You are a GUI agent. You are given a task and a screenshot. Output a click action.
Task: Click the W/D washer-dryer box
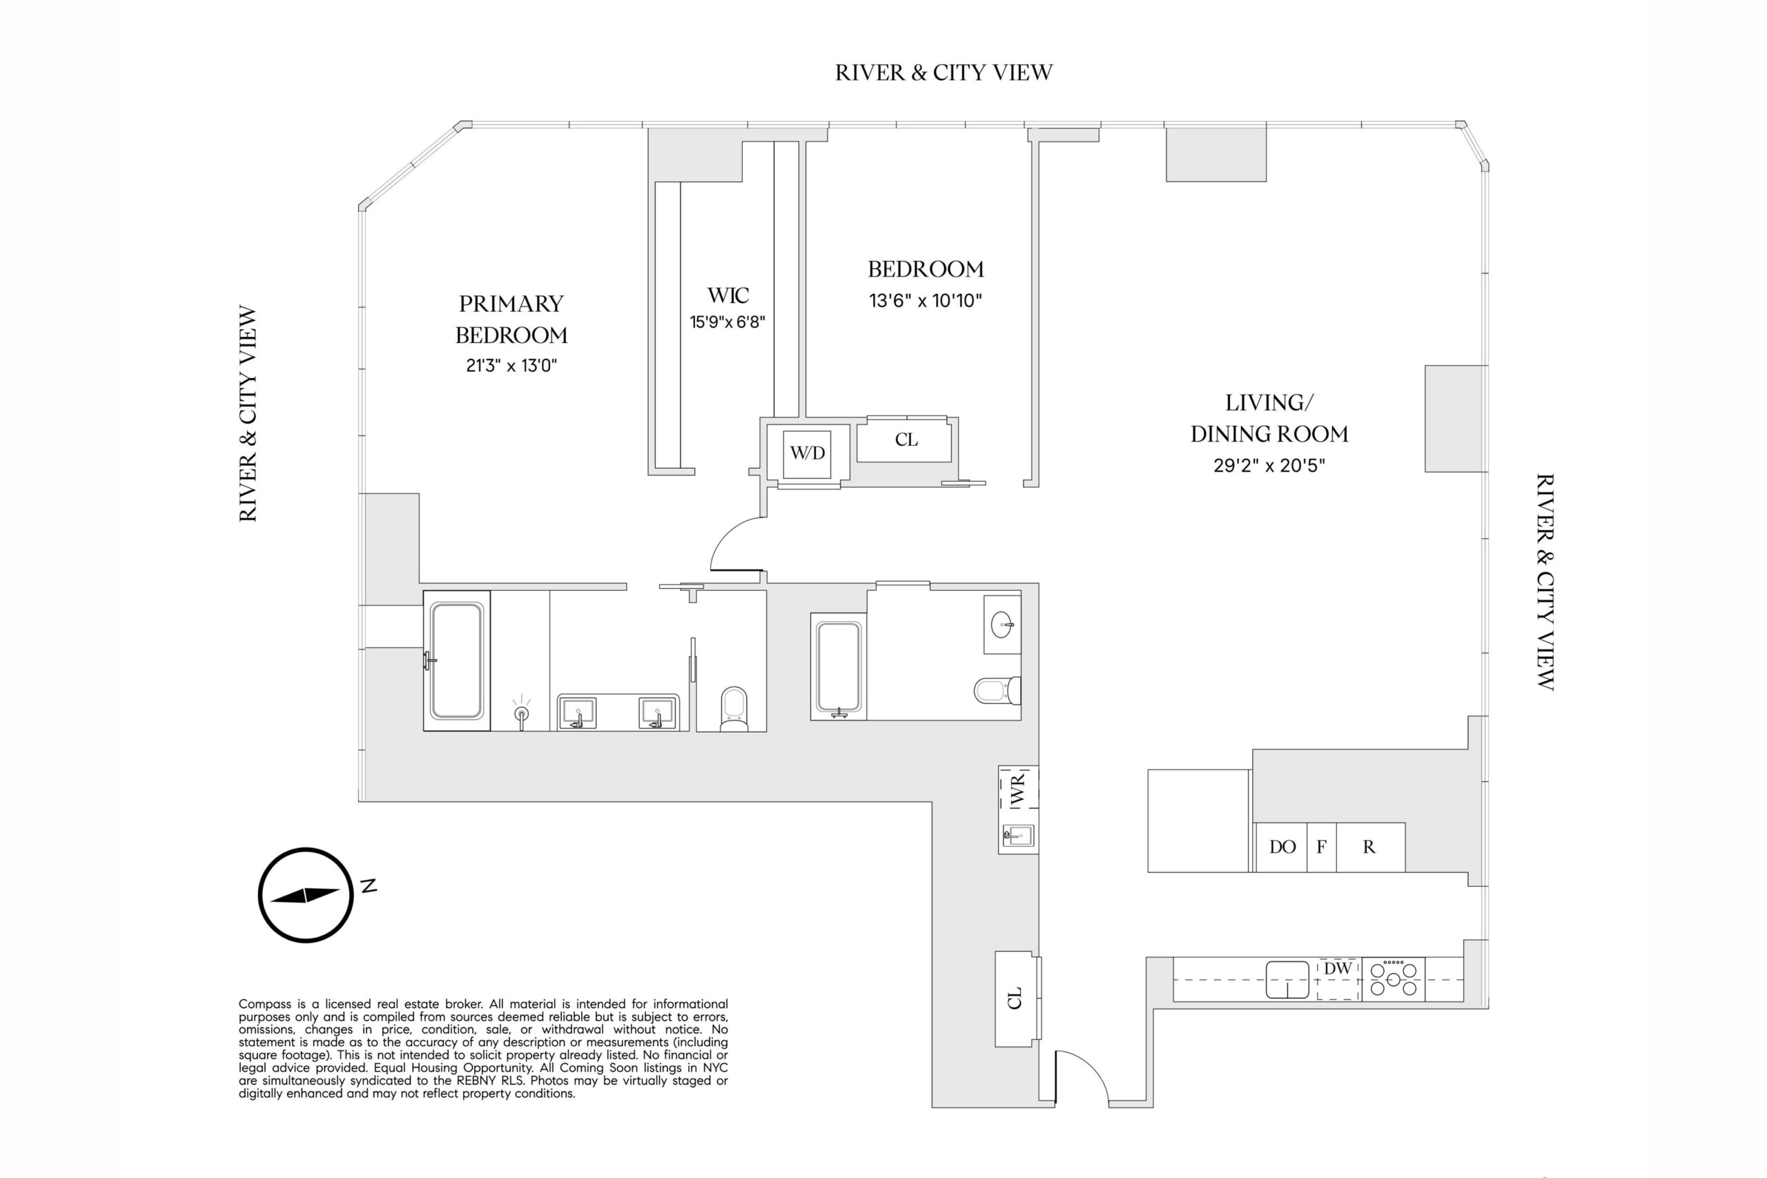tap(807, 454)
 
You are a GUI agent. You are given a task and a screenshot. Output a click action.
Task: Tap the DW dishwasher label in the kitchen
tap(1337, 968)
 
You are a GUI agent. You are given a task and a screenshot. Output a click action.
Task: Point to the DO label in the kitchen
tap(1282, 847)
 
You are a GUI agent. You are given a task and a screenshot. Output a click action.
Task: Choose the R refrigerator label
tap(1369, 847)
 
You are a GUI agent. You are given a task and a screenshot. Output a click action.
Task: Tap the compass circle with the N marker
tap(306, 895)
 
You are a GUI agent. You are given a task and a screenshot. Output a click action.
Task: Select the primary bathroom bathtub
tap(456, 660)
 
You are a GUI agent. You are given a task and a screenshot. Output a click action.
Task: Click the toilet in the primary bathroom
tap(733, 709)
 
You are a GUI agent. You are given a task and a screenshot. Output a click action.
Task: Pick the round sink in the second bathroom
tap(1002, 625)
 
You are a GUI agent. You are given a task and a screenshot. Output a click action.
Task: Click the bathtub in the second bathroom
tap(839, 667)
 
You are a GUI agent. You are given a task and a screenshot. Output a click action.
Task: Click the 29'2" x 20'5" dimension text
tap(1269, 466)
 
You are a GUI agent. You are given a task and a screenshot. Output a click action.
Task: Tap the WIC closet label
tap(728, 295)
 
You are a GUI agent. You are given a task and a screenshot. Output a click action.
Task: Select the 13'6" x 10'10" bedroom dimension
tap(926, 300)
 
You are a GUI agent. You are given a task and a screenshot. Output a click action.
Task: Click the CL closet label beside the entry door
tap(1015, 999)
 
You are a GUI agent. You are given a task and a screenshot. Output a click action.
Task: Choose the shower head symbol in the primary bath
tap(521, 712)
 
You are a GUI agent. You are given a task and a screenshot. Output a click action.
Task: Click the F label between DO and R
tap(1322, 847)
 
